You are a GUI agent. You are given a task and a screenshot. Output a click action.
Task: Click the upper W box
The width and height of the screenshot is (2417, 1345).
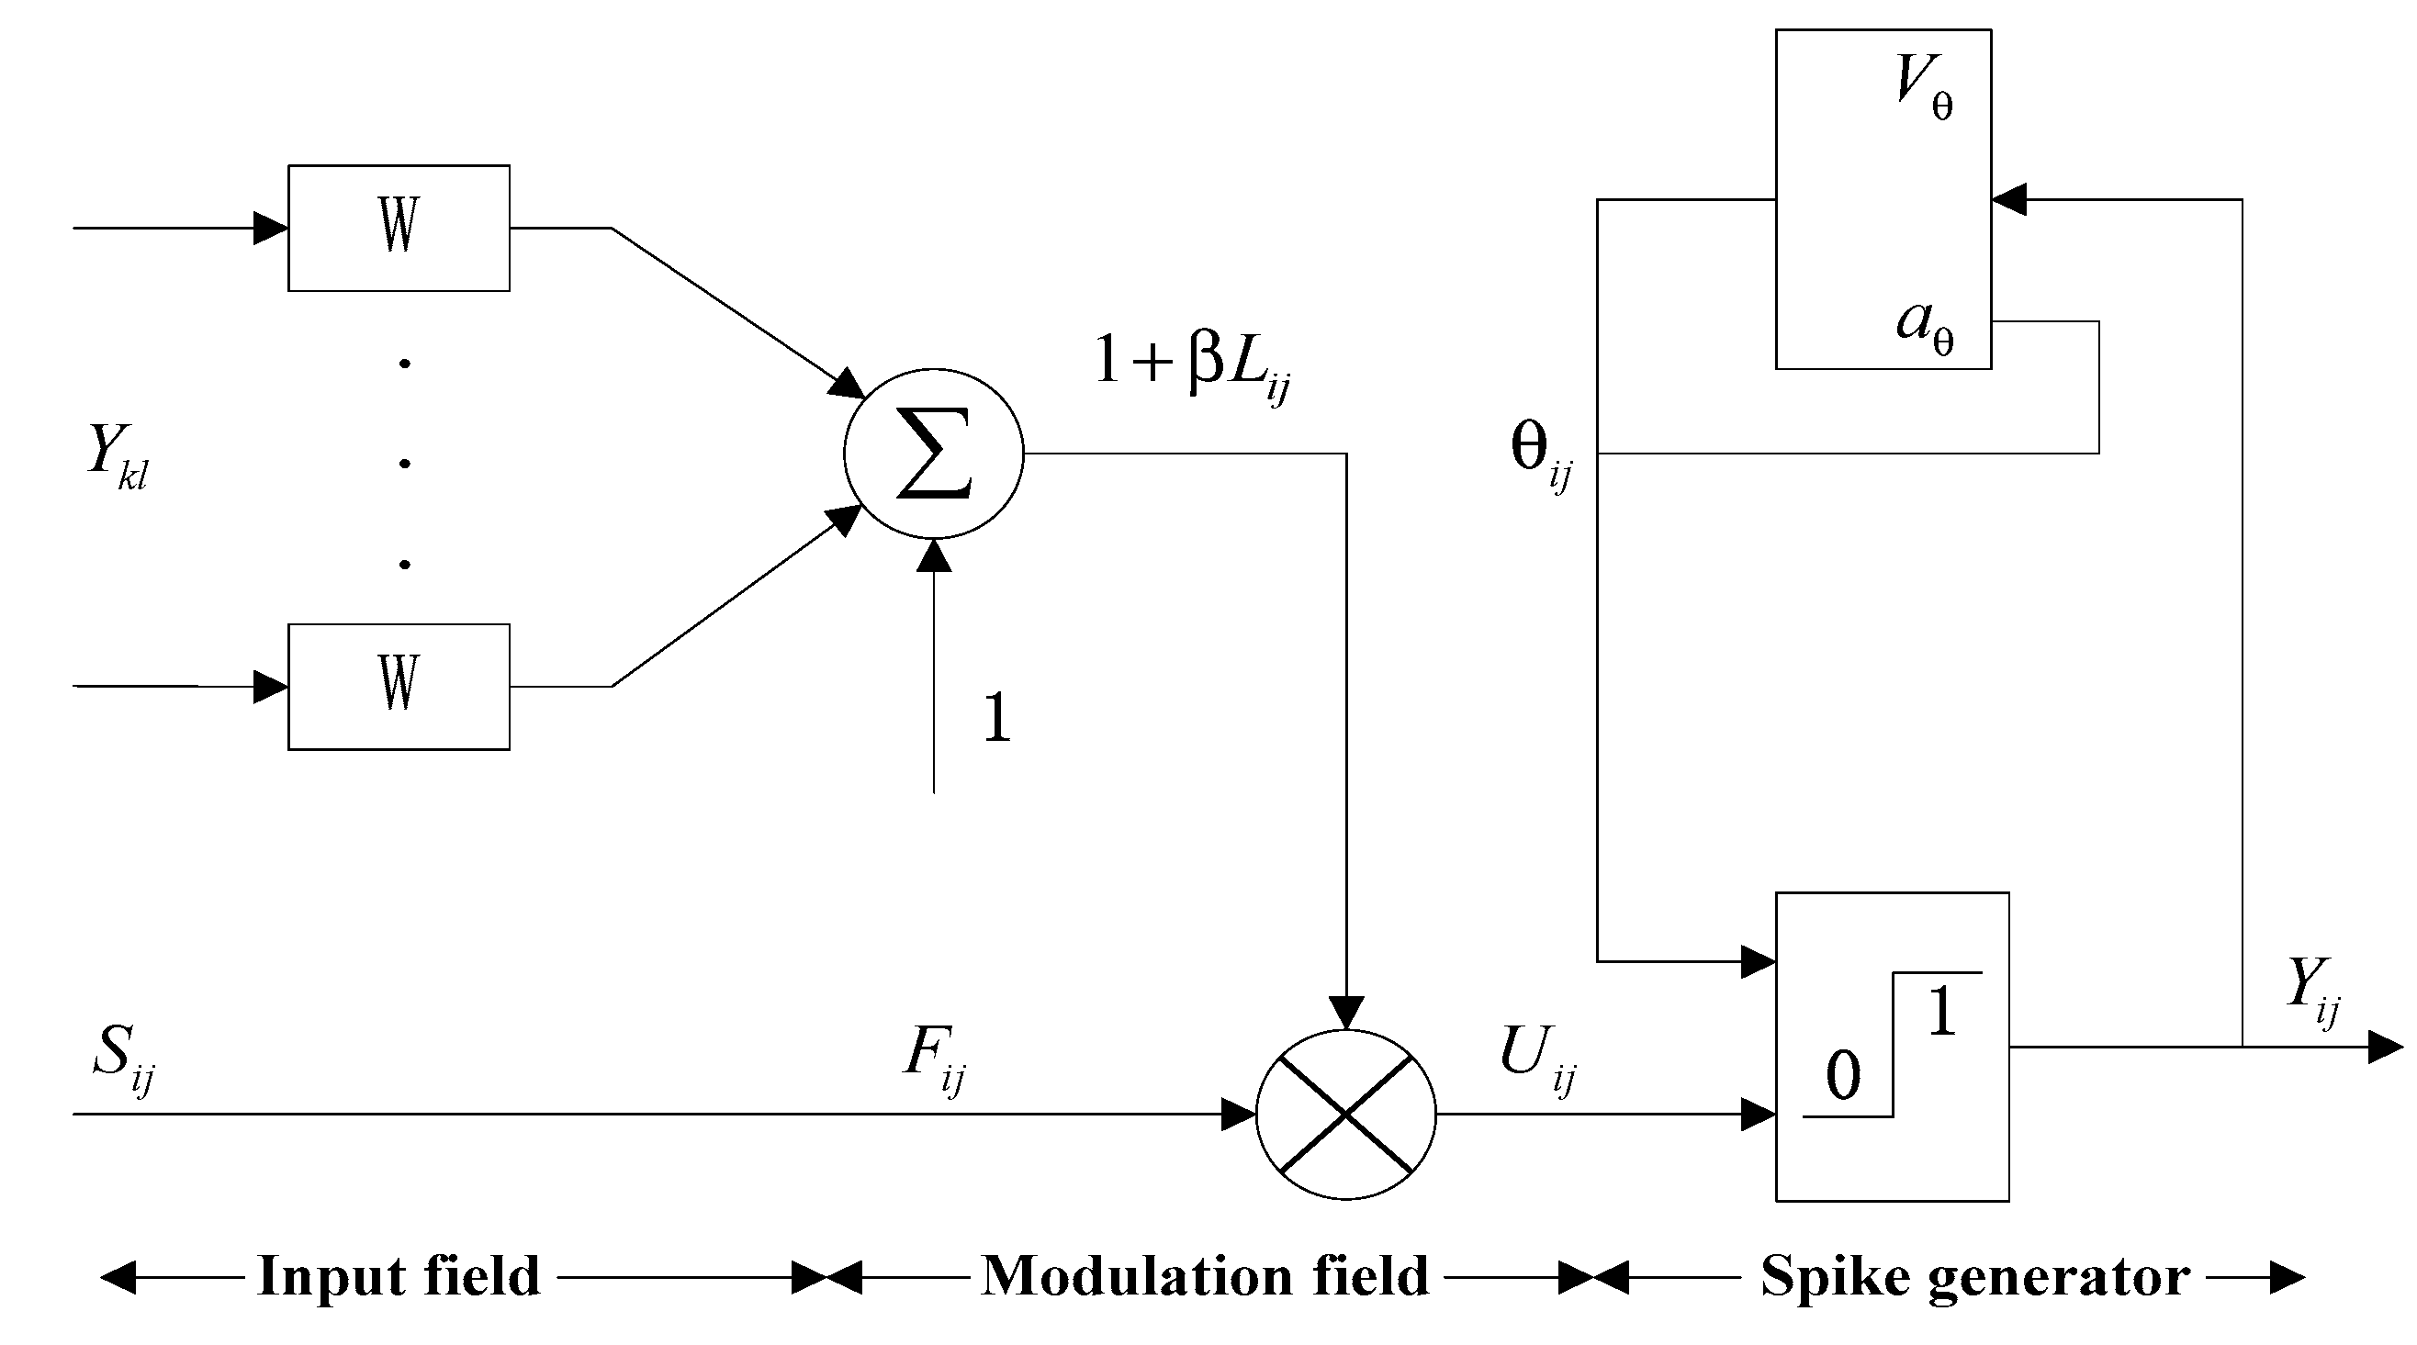[x=399, y=228]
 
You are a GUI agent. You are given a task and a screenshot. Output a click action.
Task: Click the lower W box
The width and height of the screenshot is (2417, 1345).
[x=399, y=687]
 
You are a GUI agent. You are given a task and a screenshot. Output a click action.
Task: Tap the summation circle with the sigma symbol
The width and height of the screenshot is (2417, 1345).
[x=934, y=454]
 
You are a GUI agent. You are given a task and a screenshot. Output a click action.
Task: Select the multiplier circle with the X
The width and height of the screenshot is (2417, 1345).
[x=1345, y=1114]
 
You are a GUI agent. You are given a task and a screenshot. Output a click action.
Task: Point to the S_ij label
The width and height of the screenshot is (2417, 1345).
[x=122, y=1055]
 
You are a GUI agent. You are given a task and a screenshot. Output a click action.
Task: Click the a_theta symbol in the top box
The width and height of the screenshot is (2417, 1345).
[x=1925, y=326]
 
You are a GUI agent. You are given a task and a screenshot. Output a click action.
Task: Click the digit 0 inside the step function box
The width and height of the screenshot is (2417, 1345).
[x=1843, y=1076]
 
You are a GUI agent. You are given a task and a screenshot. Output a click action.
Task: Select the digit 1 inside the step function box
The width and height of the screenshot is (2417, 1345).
[x=1942, y=1012]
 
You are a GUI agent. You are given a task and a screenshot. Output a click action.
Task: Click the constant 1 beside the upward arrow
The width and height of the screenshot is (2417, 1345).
[x=996, y=719]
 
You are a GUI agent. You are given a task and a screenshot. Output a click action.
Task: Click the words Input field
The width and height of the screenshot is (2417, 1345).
[x=399, y=1275]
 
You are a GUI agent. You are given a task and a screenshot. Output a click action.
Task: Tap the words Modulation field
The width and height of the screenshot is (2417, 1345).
[x=1205, y=1275]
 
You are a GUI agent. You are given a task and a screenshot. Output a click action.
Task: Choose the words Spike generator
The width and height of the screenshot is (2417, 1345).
[x=1975, y=1275]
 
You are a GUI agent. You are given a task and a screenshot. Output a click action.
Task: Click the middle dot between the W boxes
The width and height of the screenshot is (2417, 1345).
[x=404, y=464]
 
